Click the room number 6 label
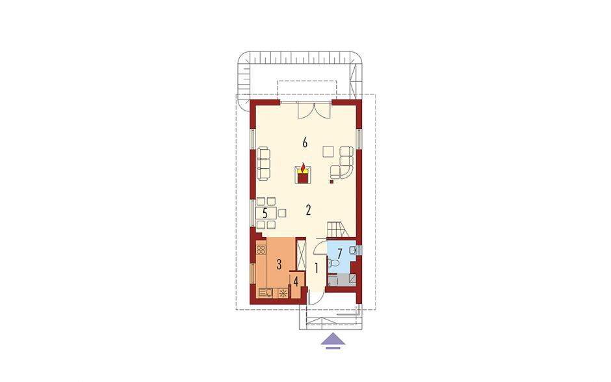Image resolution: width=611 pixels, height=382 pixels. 305,143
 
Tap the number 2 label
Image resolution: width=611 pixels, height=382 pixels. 308,211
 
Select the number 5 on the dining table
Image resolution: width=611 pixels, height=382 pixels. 265,213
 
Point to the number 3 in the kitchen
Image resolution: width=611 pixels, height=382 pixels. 279,265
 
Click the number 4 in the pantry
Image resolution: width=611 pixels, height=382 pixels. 296,281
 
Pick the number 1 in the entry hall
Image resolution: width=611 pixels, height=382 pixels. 317,268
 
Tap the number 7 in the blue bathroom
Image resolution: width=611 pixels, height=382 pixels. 339,254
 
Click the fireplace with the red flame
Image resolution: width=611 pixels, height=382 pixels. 303,174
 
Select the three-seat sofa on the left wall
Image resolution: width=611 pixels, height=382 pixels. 264,163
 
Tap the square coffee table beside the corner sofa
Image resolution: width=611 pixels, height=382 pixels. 328,152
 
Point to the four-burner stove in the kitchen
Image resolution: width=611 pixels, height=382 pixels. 261,249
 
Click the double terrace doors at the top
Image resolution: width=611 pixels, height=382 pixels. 314,109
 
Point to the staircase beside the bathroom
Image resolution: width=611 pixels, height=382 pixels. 341,229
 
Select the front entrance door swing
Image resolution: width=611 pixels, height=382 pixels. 315,299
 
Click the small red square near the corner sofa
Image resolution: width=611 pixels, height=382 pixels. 331,181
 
